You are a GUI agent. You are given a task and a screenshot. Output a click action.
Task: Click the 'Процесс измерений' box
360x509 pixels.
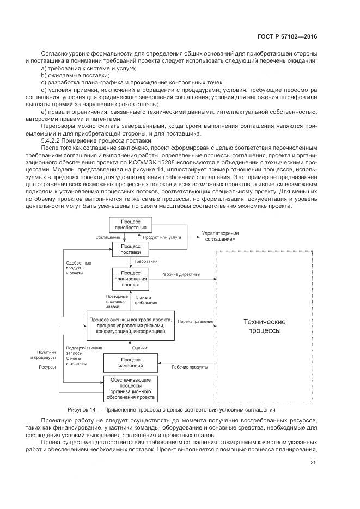pyautogui.click(x=130, y=361)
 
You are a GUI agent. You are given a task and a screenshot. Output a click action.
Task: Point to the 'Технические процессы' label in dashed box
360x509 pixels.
pyautogui.click(x=265, y=326)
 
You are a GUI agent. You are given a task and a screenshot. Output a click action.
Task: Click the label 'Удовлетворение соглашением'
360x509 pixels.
pyautogui.click(x=221, y=236)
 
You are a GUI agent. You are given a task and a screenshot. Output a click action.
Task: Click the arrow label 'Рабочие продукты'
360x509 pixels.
pyautogui.click(x=190, y=367)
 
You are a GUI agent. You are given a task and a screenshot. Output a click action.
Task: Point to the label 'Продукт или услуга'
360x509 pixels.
pyautogui.click(x=163, y=238)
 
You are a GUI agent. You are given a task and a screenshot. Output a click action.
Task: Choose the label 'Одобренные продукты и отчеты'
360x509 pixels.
pyautogui.click(x=78, y=268)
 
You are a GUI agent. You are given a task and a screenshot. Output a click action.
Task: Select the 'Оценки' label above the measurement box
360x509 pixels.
pyautogui.click(x=140, y=347)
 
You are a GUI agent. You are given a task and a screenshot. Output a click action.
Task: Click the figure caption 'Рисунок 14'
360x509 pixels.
pyautogui.click(x=83, y=409)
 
